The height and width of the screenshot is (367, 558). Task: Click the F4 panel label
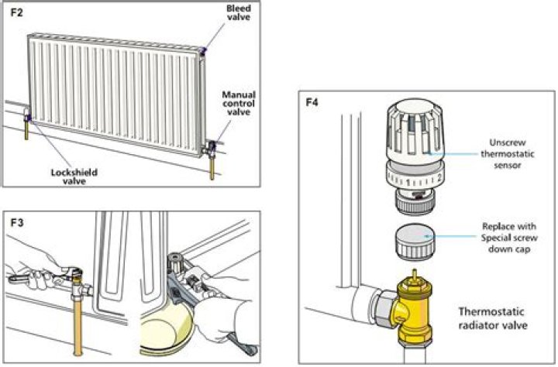312,102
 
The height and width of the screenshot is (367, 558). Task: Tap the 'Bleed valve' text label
238,13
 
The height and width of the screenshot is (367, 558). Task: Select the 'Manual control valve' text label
238,105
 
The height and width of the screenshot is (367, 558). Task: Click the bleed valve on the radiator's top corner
203,50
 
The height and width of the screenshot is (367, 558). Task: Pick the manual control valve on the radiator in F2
212,145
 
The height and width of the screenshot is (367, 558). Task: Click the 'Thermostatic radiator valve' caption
494,319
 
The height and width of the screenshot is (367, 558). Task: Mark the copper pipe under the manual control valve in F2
212,168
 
